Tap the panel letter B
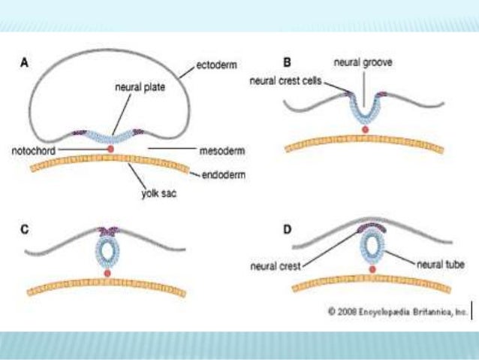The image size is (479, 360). (286, 62)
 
